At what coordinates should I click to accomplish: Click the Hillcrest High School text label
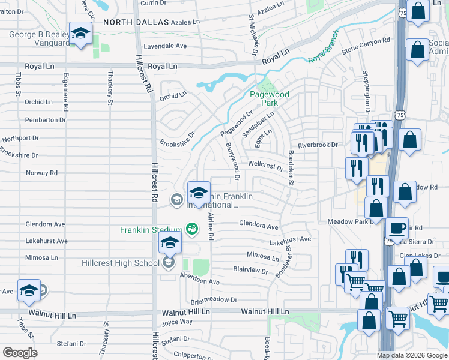point(121,263)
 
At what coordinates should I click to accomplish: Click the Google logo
point(20,352)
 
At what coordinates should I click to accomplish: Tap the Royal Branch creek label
point(324,55)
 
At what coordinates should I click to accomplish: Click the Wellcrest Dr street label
point(265,164)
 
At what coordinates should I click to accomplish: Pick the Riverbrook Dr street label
point(318,145)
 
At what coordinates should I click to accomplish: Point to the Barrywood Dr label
point(232,160)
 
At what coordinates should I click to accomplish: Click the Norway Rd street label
point(41,173)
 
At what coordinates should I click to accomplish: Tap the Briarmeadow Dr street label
point(214,299)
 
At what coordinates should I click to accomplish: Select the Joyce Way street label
point(176,322)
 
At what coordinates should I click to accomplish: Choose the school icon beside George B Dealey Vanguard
point(79,34)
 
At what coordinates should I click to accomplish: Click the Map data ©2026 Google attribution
point(412,355)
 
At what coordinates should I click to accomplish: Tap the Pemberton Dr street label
point(46,120)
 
